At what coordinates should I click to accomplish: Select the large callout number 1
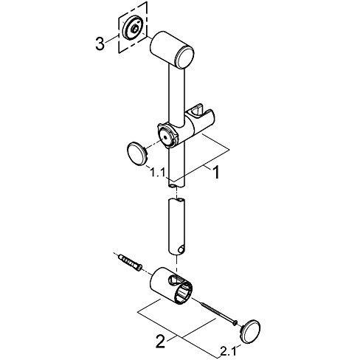216,173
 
